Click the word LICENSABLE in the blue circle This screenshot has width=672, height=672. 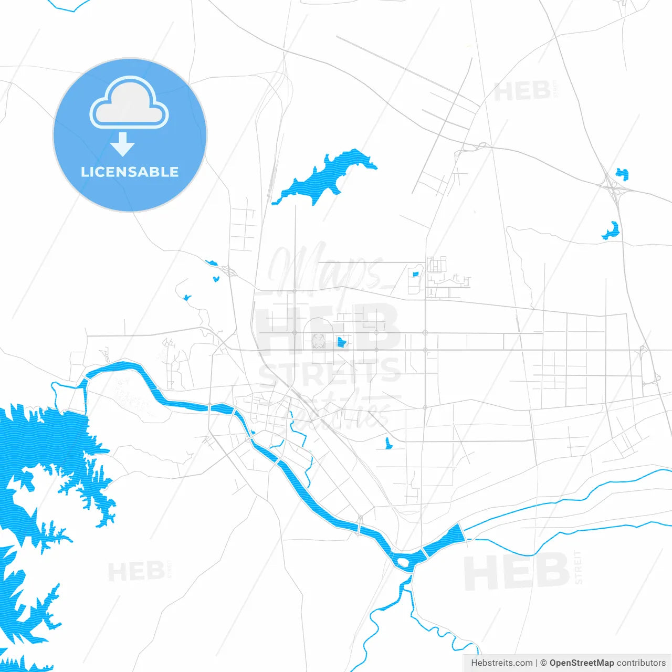tap(130, 172)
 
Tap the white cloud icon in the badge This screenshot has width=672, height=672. tap(129, 103)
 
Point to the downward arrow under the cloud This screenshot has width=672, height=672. tap(123, 144)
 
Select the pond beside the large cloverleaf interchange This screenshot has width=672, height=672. tap(622, 173)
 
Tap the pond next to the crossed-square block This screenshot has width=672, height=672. tap(341, 342)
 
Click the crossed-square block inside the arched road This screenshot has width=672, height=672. tap(319, 341)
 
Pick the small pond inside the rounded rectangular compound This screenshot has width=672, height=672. tap(416, 274)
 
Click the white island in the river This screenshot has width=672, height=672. tap(404, 563)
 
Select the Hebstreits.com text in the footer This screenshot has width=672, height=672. tap(501, 663)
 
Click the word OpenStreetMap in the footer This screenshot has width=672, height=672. tap(581, 663)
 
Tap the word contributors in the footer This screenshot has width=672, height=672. tap(640, 663)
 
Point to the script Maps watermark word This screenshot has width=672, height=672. tap(325, 270)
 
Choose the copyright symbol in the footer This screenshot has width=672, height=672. tap(544, 663)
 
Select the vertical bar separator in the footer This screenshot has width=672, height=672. tap(537, 663)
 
